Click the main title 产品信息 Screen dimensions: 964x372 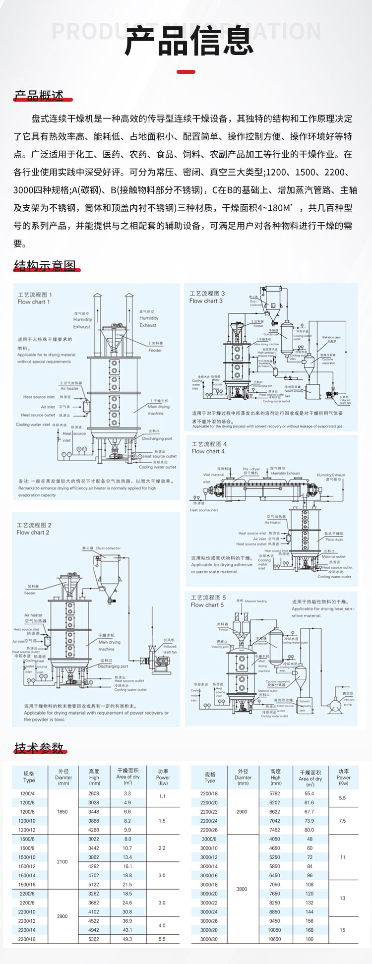[189, 41]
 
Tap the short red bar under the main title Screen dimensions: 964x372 [186, 72]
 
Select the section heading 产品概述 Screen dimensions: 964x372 [39, 96]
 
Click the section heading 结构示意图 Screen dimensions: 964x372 [45, 266]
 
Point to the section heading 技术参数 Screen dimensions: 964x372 [39, 748]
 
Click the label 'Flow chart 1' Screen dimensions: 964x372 [34, 302]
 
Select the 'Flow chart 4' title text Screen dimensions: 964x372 [208, 452]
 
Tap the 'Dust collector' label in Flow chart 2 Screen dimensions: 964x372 [108, 548]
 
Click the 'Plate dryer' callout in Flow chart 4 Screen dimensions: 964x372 [334, 540]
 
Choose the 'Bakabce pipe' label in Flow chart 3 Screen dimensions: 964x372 [331, 337]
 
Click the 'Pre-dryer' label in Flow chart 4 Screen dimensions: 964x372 [251, 469]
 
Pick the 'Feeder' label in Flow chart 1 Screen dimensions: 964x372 [155, 350]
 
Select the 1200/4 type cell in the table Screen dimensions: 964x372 [27, 793]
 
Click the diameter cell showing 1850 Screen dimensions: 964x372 [62, 812]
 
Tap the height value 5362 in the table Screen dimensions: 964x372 [94, 939]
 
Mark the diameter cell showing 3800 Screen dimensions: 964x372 [242, 889]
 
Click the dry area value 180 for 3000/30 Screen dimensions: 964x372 [310, 939]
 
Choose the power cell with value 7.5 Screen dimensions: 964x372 [342, 821]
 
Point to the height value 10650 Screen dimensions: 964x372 [274, 939]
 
